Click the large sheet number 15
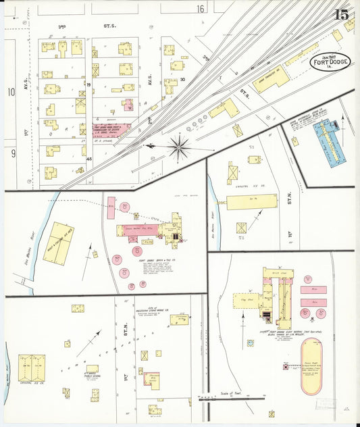click(341, 14)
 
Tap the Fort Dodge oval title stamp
click(330, 64)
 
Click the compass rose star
click(178, 147)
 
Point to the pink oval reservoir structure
click(313, 366)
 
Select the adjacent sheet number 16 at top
click(201, 9)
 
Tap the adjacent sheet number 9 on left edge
click(12, 153)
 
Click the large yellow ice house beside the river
click(59, 243)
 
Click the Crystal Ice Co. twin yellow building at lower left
click(32, 369)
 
